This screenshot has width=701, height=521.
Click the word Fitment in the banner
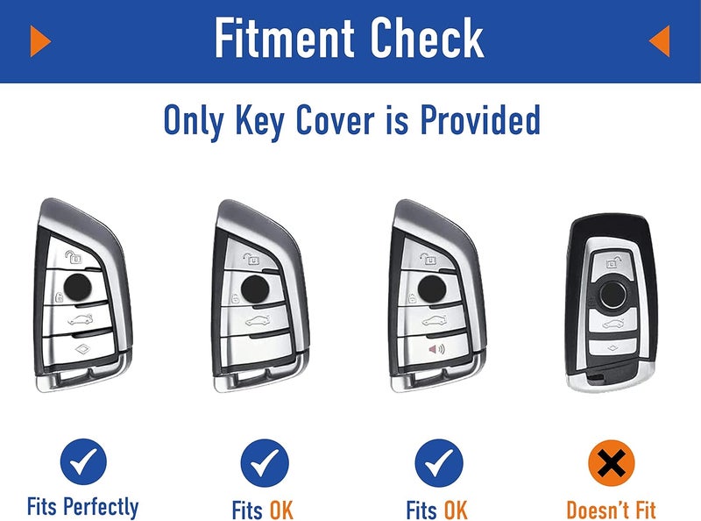[x=285, y=37]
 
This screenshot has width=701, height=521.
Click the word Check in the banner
[x=427, y=37]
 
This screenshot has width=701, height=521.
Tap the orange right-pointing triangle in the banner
[x=40, y=40]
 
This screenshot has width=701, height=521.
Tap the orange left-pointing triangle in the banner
[x=660, y=40]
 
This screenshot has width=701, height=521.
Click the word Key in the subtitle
[x=259, y=122]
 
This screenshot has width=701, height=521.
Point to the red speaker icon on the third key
[x=436, y=349]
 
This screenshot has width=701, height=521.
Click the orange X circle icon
[x=611, y=463]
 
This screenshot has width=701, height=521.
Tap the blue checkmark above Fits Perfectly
[x=83, y=461]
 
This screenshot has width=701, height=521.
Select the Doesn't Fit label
[x=611, y=510]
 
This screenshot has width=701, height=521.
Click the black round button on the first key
[x=78, y=288]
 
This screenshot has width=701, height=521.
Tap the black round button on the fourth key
[x=612, y=295]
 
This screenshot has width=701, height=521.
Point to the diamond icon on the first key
[x=83, y=349]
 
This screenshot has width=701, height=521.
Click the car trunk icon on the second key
[x=258, y=321]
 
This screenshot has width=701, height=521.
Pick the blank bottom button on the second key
[x=256, y=351]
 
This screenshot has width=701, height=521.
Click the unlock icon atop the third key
[x=428, y=258]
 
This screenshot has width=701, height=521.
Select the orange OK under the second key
[x=280, y=510]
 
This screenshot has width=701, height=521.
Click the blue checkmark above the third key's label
[x=439, y=463]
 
